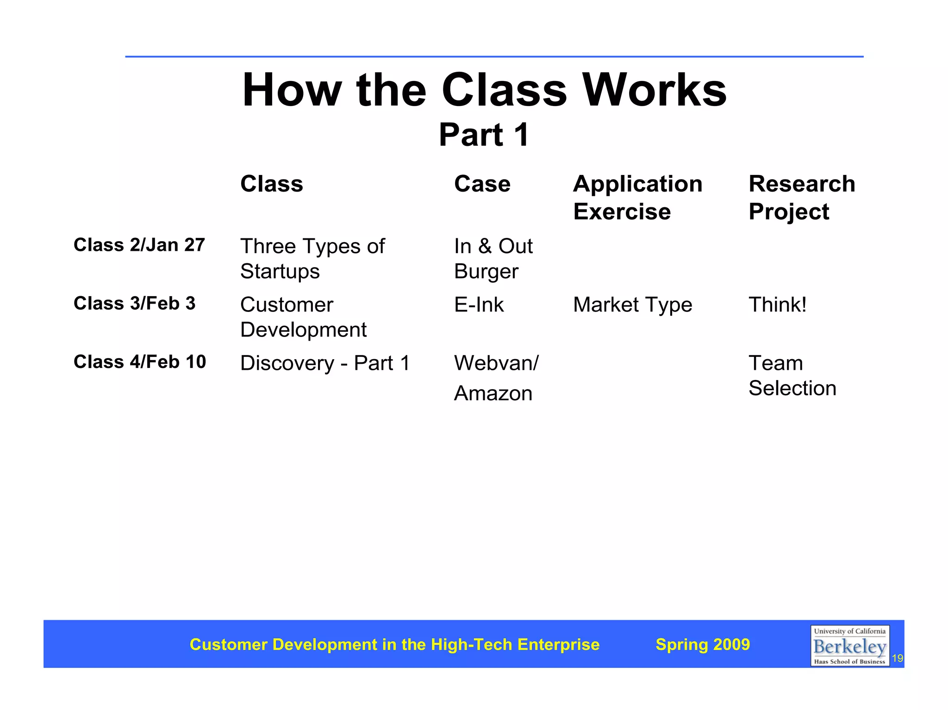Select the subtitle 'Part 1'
point(484,135)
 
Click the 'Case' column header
point(482,184)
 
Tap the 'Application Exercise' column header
point(637,198)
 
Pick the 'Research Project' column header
point(801,198)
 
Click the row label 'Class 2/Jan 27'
point(139,245)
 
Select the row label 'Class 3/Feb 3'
point(134,304)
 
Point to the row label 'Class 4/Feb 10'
point(139,362)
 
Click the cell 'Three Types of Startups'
point(312,258)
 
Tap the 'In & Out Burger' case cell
point(493,258)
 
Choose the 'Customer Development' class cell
point(303,317)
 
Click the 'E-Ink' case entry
point(479,305)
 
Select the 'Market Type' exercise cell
point(632,305)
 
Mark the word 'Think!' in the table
point(777,305)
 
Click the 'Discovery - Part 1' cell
point(325,363)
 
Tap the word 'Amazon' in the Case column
point(493,393)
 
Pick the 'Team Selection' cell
point(792,375)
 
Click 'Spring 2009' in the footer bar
point(702,644)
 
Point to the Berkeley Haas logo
point(849,646)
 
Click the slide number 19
point(897,658)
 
